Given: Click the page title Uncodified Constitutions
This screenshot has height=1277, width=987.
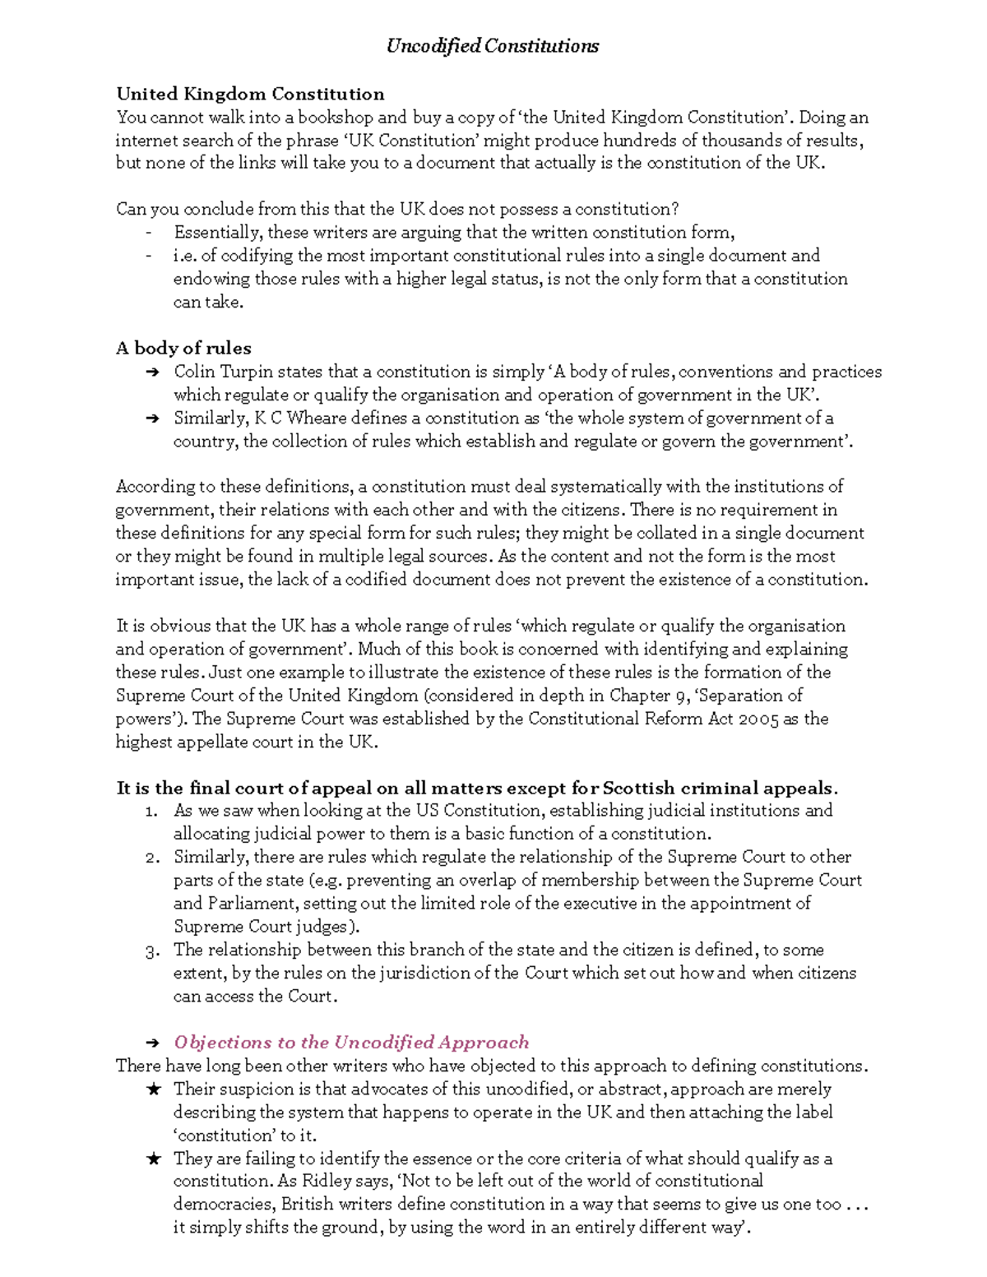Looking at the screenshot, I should (492, 46).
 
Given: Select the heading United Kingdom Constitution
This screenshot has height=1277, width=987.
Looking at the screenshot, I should (250, 94).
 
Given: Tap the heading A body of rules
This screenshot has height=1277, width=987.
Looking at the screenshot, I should (183, 348).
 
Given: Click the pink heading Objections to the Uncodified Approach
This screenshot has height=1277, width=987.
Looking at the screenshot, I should (351, 1042).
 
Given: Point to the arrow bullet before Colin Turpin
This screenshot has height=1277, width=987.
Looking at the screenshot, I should (151, 372).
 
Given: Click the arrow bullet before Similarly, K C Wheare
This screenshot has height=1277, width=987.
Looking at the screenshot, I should (151, 419).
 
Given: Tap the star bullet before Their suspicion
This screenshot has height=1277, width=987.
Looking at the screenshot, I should (153, 1090).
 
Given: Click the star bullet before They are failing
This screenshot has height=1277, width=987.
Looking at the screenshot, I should (153, 1159).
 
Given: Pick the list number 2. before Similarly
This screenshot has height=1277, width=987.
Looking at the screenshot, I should (151, 858).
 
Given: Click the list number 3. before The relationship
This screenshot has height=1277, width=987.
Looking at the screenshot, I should (151, 951).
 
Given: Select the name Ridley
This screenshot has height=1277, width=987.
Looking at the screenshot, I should (328, 1181).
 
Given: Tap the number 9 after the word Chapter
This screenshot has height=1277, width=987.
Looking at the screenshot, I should (681, 696).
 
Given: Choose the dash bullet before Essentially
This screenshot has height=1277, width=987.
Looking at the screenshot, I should (148, 233).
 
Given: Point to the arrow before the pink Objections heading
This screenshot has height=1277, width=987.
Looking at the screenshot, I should (151, 1043).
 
